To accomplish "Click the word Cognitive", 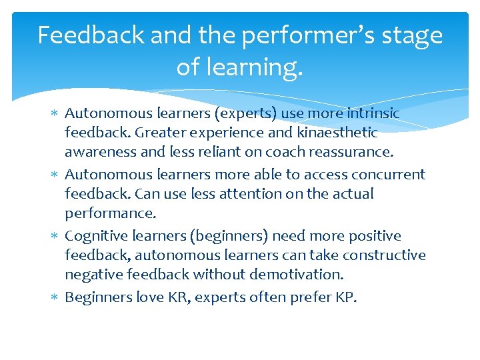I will tap(94, 236).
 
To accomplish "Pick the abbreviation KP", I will tap(344, 297).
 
